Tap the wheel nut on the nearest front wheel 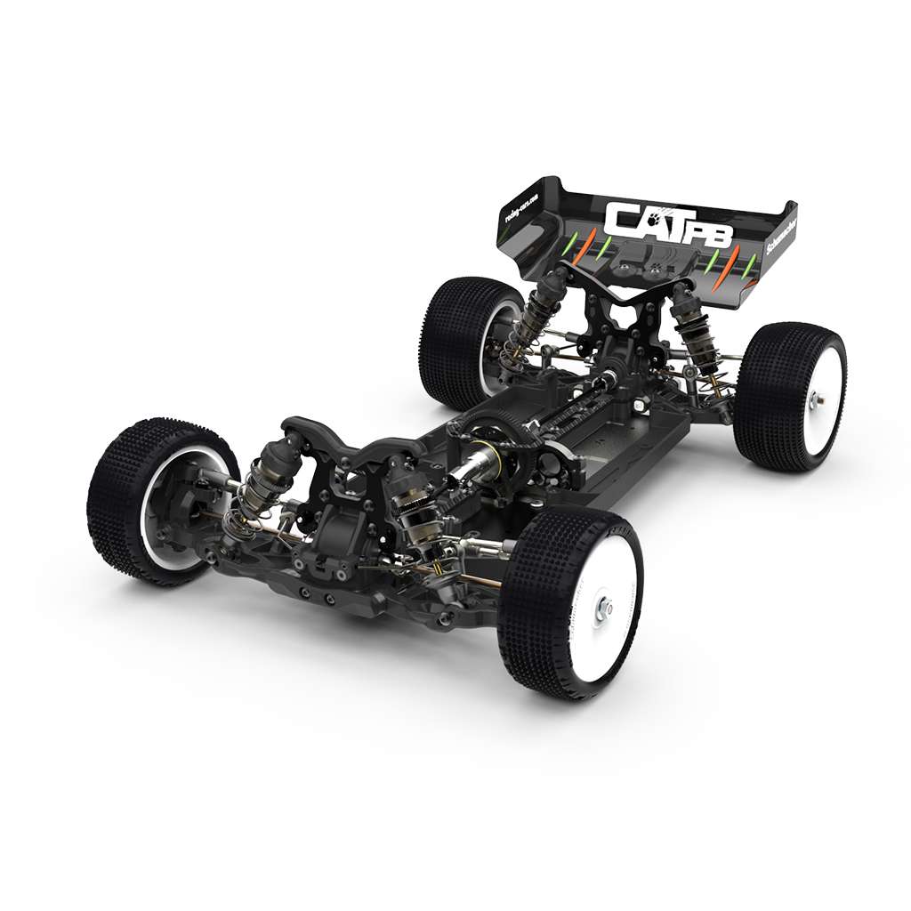click(x=606, y=608)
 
